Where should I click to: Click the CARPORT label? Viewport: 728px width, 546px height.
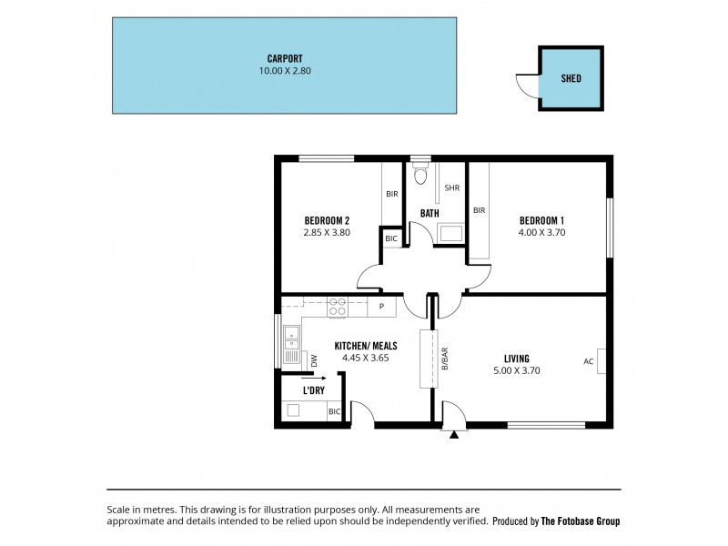[x=284, y=58]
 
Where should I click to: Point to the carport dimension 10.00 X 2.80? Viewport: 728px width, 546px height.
[x=284, y=70]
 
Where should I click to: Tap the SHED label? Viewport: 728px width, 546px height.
[x=571, y=79]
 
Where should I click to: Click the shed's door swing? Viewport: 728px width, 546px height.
[x=526, y=84]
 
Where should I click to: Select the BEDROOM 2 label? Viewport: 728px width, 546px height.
[x=327, y=220]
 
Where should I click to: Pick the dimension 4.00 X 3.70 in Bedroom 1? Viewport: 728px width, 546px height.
[x=542, y=232]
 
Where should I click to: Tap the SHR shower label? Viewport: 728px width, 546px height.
[x=451, y=188]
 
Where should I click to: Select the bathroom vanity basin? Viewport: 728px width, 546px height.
[x=451, y=233]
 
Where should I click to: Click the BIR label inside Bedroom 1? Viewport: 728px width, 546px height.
[x=479, y=210]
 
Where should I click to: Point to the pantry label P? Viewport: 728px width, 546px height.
[x=381, y=307]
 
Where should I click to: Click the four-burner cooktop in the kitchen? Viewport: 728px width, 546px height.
[x=338, y=307]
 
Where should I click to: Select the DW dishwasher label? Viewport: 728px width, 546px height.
[x=314, y=361]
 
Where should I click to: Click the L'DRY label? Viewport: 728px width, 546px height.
[x=313, y=390]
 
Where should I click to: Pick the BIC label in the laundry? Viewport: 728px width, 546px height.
[x=334, y=411]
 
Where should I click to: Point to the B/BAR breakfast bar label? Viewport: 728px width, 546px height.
[x=445, y=359]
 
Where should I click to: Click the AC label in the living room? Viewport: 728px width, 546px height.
[x=588, y=360]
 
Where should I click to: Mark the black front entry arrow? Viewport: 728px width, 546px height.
[x=453, y=435]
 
